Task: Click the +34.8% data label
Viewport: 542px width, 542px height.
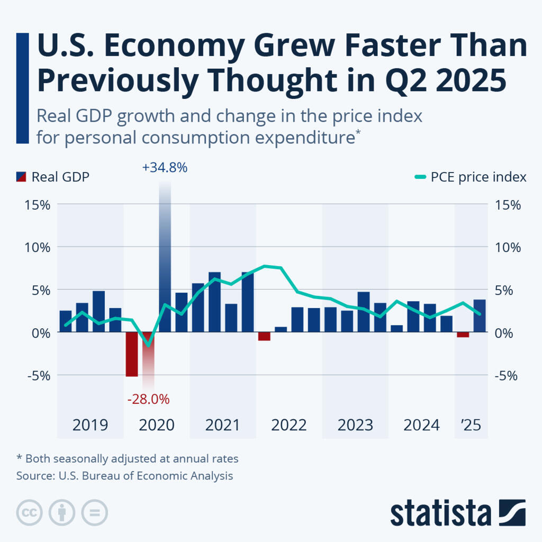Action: pos(165,168)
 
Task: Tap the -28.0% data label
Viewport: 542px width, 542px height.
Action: pos(148,399)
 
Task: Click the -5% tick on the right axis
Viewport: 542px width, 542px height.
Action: pos(507,375)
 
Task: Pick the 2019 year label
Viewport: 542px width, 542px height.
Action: pos(90,425)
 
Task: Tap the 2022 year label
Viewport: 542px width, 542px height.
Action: pos(289,425)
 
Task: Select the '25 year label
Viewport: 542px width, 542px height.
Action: pos(471,425)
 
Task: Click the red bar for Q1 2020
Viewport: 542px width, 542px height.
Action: pos(131,354)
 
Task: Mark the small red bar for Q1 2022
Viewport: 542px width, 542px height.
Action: pos(264,337)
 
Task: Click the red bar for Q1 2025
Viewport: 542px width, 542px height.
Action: pos(463,335)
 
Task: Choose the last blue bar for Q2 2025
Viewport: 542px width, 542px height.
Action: pos(480,316)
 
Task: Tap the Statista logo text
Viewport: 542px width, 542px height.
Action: pos(441,513)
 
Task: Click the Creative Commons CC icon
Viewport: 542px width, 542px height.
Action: pos(30,512)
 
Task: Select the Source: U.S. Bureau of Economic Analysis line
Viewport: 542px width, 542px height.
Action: pos(124,476)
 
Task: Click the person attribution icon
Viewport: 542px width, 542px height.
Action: pos(62,512)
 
